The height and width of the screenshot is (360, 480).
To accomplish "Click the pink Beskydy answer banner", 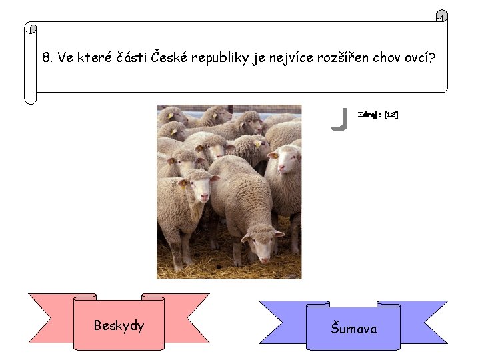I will [x=119, y=325].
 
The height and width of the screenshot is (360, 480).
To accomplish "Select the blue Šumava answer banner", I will [x=353, y=328].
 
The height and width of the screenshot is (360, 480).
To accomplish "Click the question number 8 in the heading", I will [x=46, y=57].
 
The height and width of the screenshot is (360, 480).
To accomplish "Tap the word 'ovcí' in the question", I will [x=420, y=57].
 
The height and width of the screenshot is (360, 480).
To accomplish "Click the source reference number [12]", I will [x=391, y=115].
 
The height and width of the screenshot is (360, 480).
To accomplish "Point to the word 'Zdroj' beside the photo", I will [x=369, y=115].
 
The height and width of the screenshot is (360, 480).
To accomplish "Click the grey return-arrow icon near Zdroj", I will [x=339, y=119].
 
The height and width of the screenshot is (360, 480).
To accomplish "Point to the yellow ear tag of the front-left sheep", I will [x=183, y=183].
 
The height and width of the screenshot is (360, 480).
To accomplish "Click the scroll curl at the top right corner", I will [x=441, y=15].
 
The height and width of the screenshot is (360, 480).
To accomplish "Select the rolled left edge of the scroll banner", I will [x=30, y=63].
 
